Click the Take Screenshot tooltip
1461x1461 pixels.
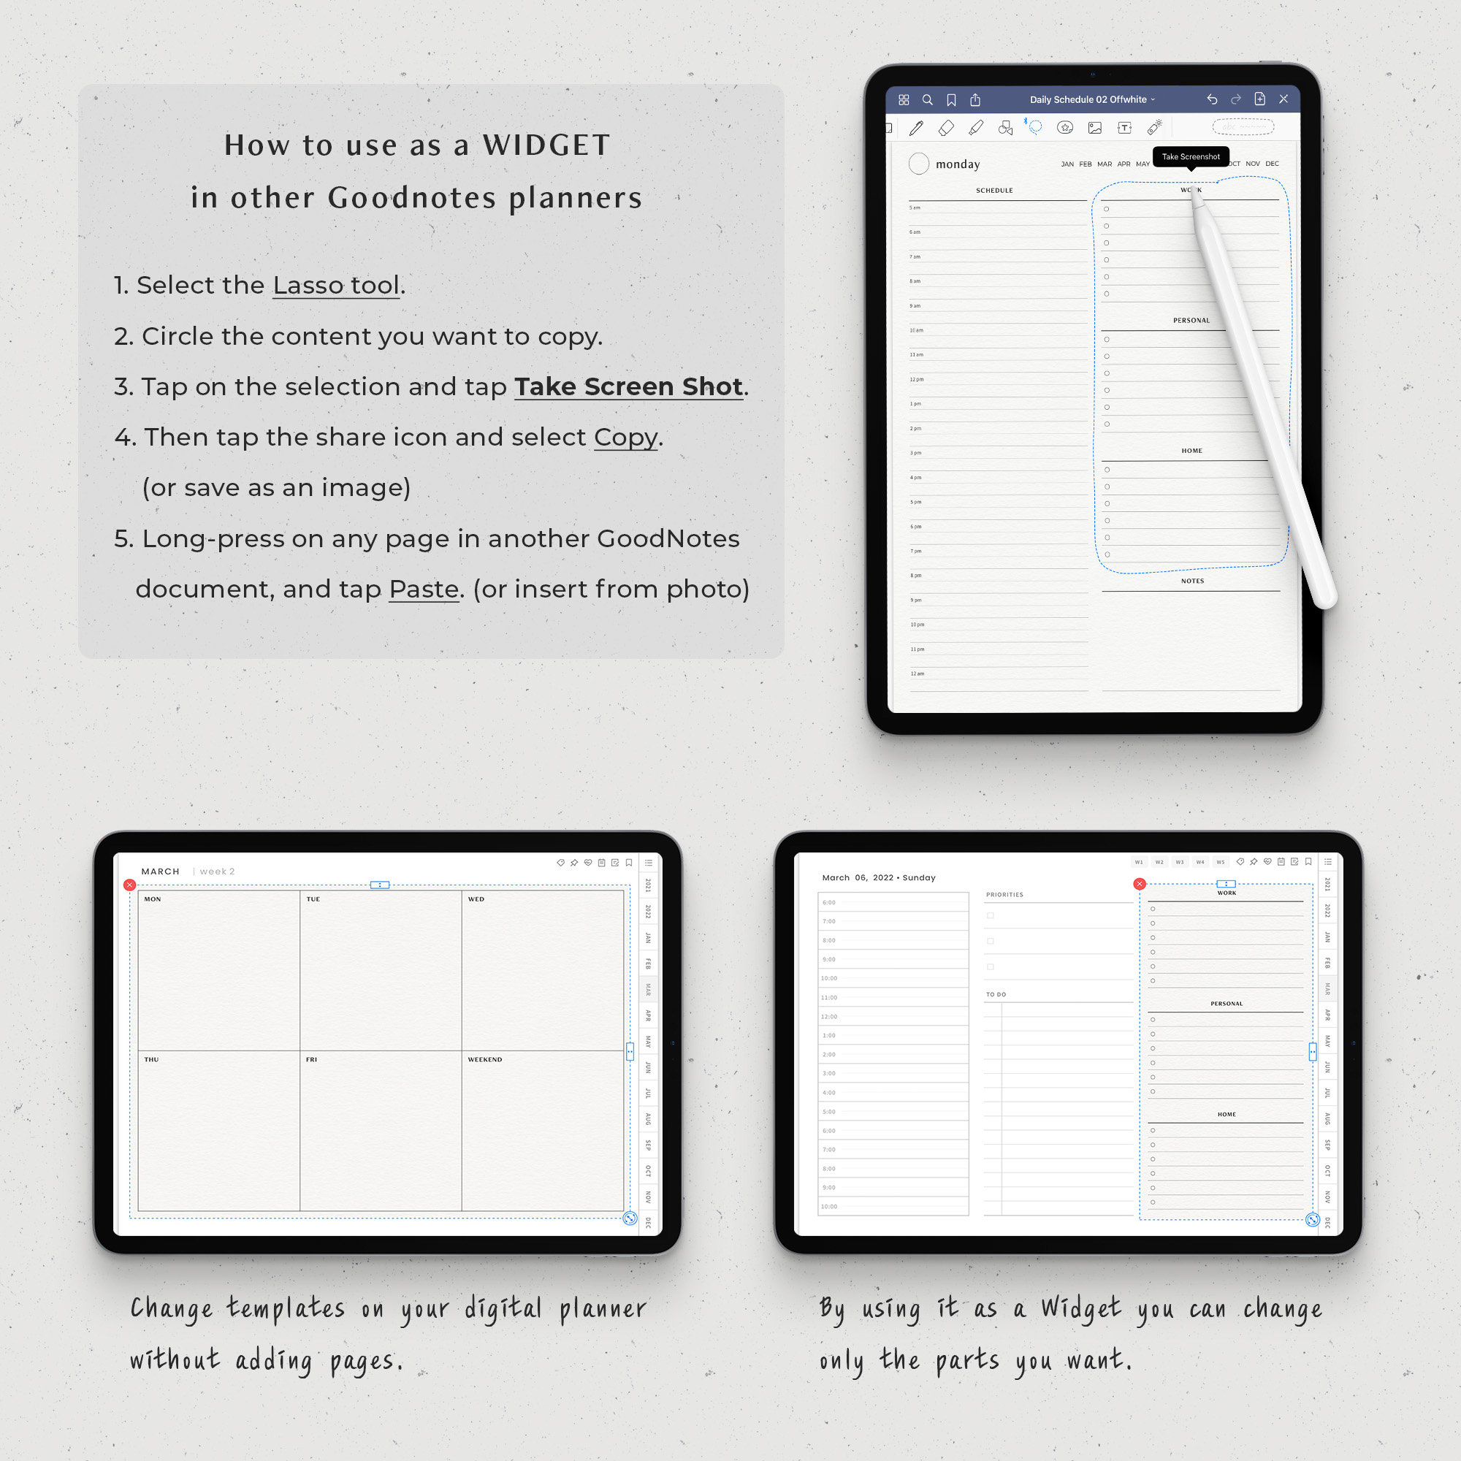click(1190, 156)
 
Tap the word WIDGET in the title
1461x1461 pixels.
click(546, 145)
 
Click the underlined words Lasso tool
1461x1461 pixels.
click(336, 285)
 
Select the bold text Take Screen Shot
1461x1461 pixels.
click(628, 386)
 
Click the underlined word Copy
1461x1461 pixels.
click(625, 437)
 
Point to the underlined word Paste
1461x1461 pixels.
click(424, 588)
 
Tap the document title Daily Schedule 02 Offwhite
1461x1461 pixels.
click(1088, 99)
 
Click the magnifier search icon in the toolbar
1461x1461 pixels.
click(927, 100)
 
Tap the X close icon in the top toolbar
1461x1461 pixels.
click(1283, 99)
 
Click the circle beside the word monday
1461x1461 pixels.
click(918, 164)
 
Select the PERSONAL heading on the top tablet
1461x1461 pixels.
click(1191, 321)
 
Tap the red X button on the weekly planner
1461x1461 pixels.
click(130, 885)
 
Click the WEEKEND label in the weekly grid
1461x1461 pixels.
click(485, 1059)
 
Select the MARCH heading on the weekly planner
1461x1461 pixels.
click(160, 871)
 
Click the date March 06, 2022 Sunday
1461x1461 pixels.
click(879, 877)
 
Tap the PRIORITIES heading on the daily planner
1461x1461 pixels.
click(1004, 895)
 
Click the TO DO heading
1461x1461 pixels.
click(996, 994)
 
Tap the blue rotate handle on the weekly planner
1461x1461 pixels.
click(629, 1218)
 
